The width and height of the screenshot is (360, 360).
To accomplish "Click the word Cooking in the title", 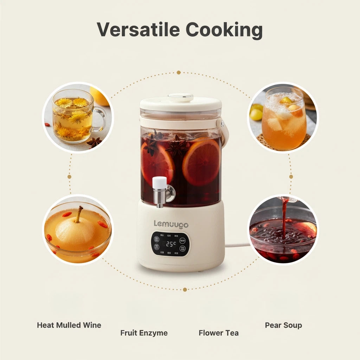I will coord(224,30).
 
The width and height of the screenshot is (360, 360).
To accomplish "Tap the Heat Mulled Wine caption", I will coord(69,325).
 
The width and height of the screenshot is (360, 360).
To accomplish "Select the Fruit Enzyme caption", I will coord(144,333).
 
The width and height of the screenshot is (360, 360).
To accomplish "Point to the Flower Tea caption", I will coord(218,333).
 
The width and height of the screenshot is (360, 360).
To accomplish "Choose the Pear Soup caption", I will coord(283,325).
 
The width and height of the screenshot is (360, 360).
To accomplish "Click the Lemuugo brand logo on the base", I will coord(171,224).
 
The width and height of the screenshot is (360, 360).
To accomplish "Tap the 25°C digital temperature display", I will coord(171,244).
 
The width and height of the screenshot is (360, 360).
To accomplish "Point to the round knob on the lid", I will coord(181,97).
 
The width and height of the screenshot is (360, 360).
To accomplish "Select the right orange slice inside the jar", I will coord(201,162).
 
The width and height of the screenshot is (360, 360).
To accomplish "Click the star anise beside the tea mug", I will coord(94,142).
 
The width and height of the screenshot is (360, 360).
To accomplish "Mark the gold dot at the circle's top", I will coord(179,72).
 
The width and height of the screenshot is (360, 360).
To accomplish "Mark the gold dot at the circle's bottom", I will coord(185,289).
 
